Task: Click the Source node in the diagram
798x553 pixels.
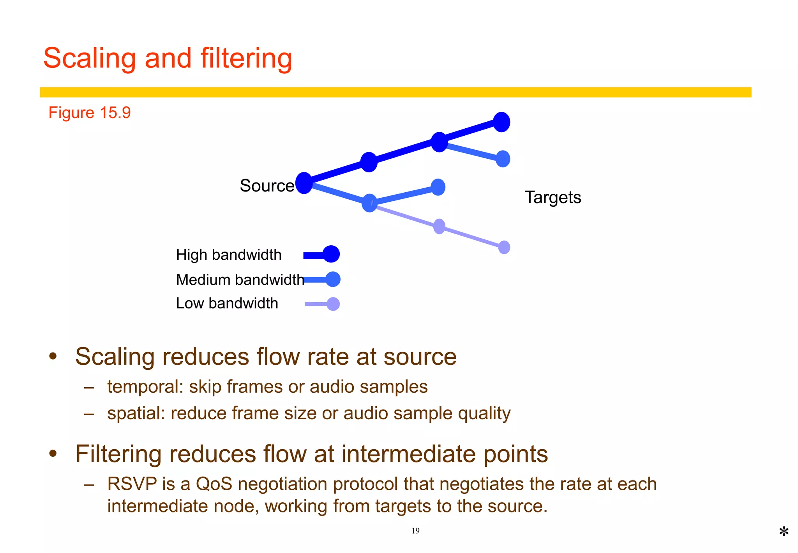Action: [x=304, y=183]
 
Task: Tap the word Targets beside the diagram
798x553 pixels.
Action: [x=553, y=197]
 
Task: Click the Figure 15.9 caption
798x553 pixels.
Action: [x=89, y=113]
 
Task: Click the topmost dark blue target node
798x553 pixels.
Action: [x=501, y=122]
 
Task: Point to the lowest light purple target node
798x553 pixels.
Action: [x=504, y=247]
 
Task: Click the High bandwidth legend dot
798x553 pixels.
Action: [x=331, y=254]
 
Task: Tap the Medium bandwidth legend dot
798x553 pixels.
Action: [x=333, y=279]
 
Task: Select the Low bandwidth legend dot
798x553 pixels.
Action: [x=333, y=304]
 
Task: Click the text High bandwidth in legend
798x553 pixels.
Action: [x=229, y=255]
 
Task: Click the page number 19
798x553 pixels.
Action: [x=415, y=531]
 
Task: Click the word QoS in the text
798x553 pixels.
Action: [x=214, y=484]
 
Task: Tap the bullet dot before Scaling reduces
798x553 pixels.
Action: [x=53, y=356]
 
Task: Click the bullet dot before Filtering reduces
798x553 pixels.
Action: [x=53, y=454]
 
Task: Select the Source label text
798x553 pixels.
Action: [x=267, y=186]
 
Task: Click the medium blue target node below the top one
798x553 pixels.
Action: [x=503, y=159]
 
